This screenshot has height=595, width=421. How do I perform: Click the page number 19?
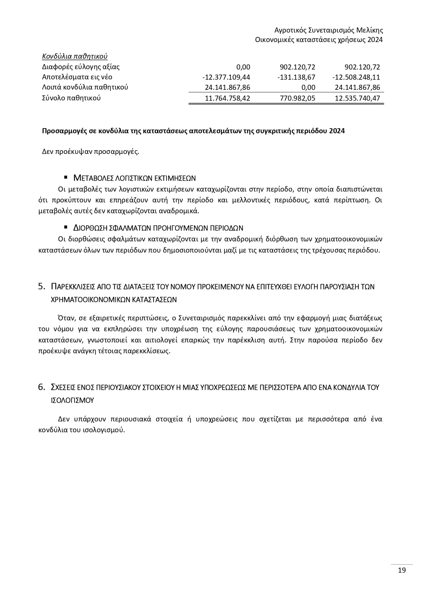pos(402,570)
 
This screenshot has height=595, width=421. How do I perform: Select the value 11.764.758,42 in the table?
pos(228,98)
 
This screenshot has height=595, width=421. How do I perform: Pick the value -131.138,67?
pos(296,77)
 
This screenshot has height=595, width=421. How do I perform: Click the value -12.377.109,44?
pos(226,77)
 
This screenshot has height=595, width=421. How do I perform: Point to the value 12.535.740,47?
pos(357,98)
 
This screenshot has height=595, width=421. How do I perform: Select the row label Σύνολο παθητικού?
pos(71,98)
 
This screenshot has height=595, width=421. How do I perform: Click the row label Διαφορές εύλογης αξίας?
pos(81,67)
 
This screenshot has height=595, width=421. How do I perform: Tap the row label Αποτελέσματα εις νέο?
pos(77,77)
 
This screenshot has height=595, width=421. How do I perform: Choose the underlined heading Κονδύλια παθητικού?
pos(75,56)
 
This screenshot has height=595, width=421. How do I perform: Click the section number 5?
pos(42,286)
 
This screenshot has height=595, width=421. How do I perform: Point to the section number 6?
pos(42,387)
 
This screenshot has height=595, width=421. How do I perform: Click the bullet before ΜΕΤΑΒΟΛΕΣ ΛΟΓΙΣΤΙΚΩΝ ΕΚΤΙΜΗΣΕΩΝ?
pos(66,177)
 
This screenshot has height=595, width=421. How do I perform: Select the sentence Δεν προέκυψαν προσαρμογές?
pos(91,152)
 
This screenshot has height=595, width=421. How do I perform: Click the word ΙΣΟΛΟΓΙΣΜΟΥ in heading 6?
pos(72,400)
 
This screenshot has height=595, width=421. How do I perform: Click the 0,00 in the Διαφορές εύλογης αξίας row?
pos(243,67)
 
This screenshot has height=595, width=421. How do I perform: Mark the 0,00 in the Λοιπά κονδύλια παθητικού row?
pos(308,87)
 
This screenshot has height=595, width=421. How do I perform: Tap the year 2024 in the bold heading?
pos(337,131)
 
